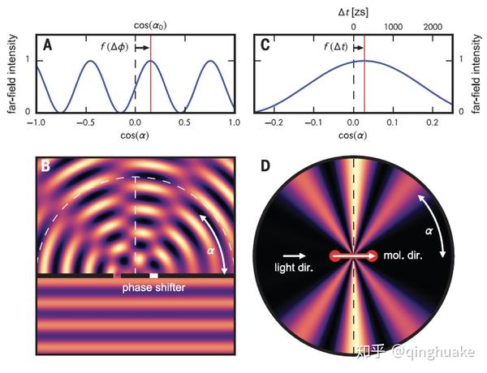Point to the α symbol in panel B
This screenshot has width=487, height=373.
point(209,251)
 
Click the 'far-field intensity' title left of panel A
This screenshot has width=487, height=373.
point(11,74)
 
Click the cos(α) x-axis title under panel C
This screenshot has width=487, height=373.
point(353,135)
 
